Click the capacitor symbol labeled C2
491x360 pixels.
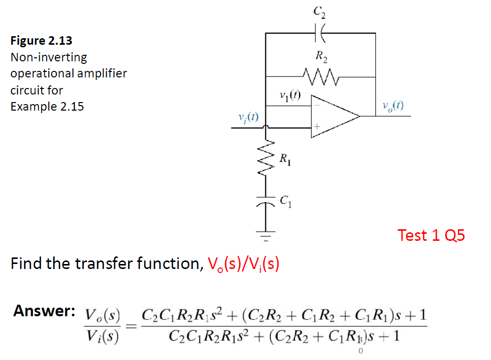(320, 33)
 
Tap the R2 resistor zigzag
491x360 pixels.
(322, 77)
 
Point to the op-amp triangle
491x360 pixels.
(332, 116)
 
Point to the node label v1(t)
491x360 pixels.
(289, 95)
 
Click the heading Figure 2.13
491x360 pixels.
(41, 41)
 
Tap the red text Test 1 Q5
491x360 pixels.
(431, 235)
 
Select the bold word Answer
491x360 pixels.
(44, 311)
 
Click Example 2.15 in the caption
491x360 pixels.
(47, 107)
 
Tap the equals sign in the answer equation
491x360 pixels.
(131, 327)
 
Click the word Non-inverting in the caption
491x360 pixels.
(49, 57)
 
